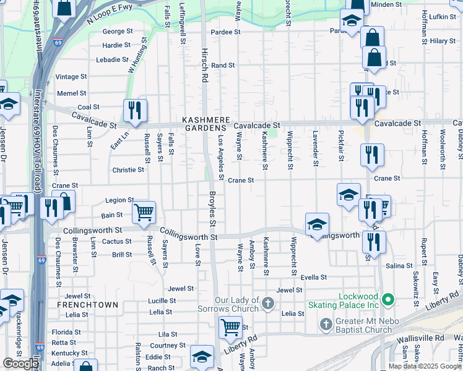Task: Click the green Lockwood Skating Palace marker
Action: [388, 301]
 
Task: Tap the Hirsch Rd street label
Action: [204, 67]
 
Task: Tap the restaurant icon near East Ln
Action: [135, 111]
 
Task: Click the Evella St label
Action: [313, 278]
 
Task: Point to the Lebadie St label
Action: [113, 60]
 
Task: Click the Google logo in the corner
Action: [21, 363]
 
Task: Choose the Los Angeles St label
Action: [221, 158]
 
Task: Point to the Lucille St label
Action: [162, 301]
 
